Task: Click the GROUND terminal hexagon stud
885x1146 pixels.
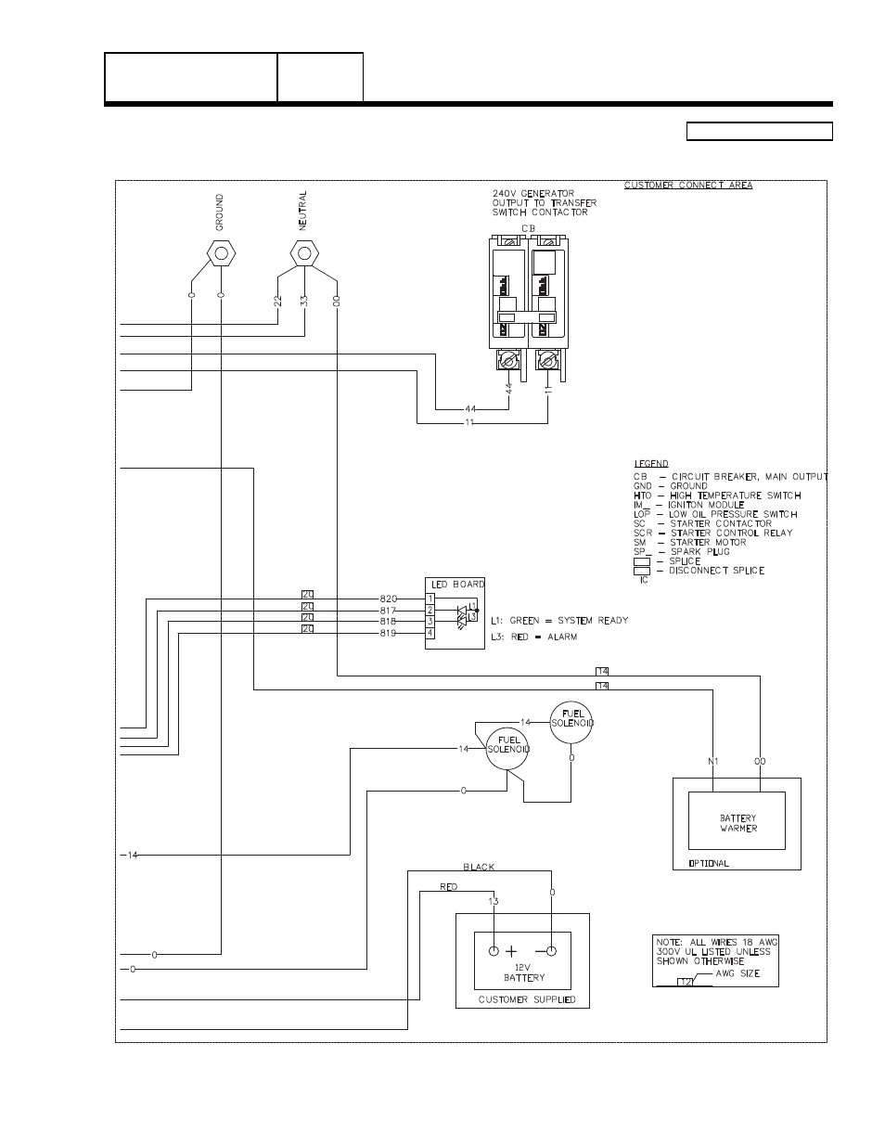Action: pos(221,252)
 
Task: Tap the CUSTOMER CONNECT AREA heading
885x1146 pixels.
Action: pos(687,186)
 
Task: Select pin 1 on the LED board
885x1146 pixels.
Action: pos(430,599)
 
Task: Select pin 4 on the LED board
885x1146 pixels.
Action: pos(430,633)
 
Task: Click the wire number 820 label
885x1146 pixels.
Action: pos(388,599)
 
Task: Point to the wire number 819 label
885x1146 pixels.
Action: pos(388,633)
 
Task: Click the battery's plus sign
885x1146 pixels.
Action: pos(511,951)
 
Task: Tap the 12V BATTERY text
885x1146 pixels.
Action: pos(524,972)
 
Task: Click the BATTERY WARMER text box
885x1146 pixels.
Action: pos(737,823)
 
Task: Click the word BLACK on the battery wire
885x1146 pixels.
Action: pos(479,867)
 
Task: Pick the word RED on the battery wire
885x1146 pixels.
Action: pos(448,887)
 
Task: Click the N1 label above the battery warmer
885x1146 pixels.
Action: pos(712,762)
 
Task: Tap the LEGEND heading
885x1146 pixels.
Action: pos(650,464)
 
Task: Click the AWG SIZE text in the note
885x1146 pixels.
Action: pos(737,973)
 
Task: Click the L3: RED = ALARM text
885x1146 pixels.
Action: pos(533,637)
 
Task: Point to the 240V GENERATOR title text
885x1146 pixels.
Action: pos(532,194)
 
